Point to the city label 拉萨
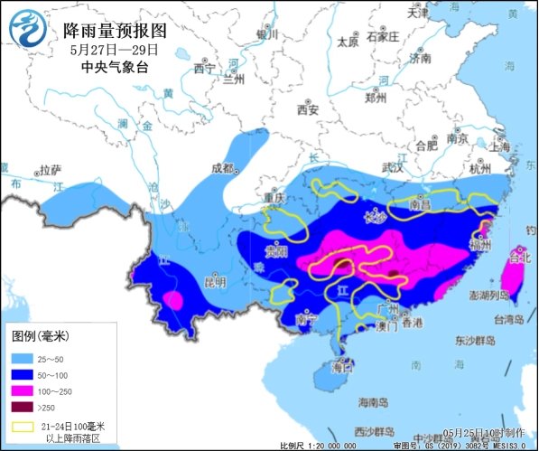(x=51, y=169)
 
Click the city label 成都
(x=222, y=168)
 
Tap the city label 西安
(x=309, y=110)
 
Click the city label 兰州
(x=234, y=79)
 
